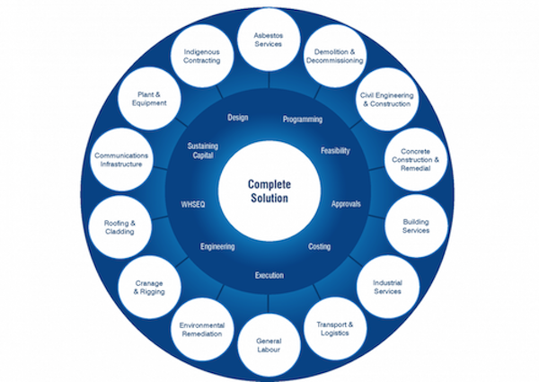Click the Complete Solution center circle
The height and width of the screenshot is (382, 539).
[270, 190]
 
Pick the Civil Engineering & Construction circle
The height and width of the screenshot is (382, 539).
[384, 98]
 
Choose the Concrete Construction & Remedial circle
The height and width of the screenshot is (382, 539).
[414, 159]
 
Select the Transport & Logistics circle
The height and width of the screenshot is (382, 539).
[334, 326]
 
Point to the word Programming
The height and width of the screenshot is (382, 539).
[302, 119]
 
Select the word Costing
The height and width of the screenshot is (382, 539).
[320, 246]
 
